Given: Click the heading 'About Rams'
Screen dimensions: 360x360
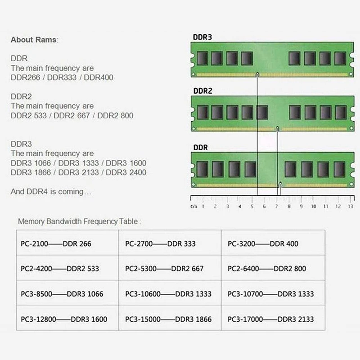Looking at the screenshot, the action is [34, 40].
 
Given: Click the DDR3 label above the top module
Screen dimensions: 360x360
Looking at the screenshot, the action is [202, 37].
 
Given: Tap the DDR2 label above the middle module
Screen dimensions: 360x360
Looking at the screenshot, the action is [202, 91].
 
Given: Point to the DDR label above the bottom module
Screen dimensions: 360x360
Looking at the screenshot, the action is [200, 147].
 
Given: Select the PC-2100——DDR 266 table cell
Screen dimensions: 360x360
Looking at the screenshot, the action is [56, 243].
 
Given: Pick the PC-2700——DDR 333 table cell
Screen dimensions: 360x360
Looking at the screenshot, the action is [160, 243].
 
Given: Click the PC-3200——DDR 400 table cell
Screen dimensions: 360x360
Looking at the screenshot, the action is [263, 243].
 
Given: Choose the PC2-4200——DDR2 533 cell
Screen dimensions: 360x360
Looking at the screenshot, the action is [59, 269].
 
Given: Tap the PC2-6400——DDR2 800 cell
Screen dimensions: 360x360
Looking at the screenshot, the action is [267, 269].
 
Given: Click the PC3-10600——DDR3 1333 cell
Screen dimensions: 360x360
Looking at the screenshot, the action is [168, 294].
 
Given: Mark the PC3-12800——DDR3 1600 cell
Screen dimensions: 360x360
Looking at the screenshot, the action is [64, 319].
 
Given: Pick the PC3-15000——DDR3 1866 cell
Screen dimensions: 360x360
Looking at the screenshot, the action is [168, 319].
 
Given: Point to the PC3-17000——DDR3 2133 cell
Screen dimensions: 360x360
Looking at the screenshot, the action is [270, 319].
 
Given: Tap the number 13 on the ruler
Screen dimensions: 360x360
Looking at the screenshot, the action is [351, 207].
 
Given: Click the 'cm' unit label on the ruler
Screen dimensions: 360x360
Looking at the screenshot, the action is [193, 207].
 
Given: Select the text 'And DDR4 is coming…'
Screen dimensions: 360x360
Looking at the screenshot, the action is [51, 192].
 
